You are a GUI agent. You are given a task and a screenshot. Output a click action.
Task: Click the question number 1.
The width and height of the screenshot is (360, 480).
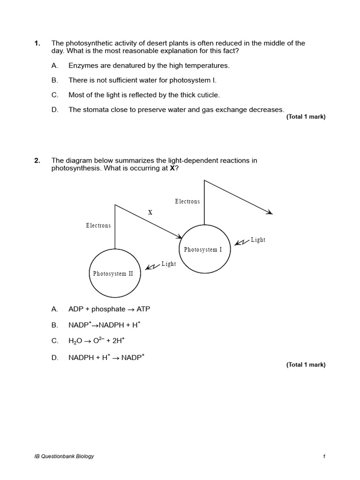(37, 43)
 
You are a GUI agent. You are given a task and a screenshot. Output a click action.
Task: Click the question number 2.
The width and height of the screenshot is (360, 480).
(37, 160)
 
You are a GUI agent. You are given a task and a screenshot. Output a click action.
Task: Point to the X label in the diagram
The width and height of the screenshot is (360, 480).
(150, 212)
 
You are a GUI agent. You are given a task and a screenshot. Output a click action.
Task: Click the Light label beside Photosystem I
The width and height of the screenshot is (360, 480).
(258, 240)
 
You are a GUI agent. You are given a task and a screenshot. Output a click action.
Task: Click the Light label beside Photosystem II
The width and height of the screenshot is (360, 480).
(169, 264)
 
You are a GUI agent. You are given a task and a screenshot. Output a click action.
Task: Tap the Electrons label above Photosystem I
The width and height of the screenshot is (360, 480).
(187, 202)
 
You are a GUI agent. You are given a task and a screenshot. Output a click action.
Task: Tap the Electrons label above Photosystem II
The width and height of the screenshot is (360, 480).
(98, 225)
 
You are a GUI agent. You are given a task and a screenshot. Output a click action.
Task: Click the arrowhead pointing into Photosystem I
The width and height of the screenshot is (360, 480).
(179, 236)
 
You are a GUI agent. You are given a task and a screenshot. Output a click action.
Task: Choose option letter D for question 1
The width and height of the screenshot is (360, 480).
(55, 110)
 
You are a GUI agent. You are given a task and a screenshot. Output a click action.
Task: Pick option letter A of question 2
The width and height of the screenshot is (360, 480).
(55, 309)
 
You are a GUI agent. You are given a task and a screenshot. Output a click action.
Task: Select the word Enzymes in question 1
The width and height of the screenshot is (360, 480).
(82, 66)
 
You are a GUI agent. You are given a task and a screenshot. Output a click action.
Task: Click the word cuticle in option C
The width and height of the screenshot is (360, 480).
(208, 95)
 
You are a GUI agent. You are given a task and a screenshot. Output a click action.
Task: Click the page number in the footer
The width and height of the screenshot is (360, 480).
(324, 457)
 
